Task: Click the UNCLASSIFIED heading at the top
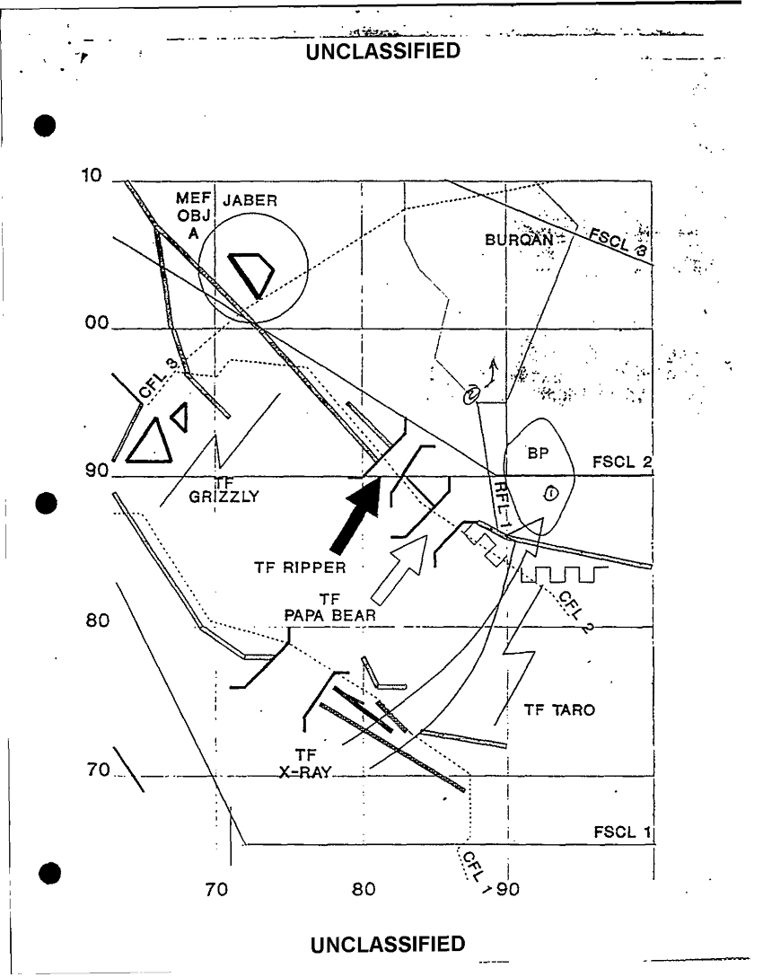(384, 50)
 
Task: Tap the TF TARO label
(559, 710)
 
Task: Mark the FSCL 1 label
(622, 832)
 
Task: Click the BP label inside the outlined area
(538, 454)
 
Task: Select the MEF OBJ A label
(193, 216)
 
